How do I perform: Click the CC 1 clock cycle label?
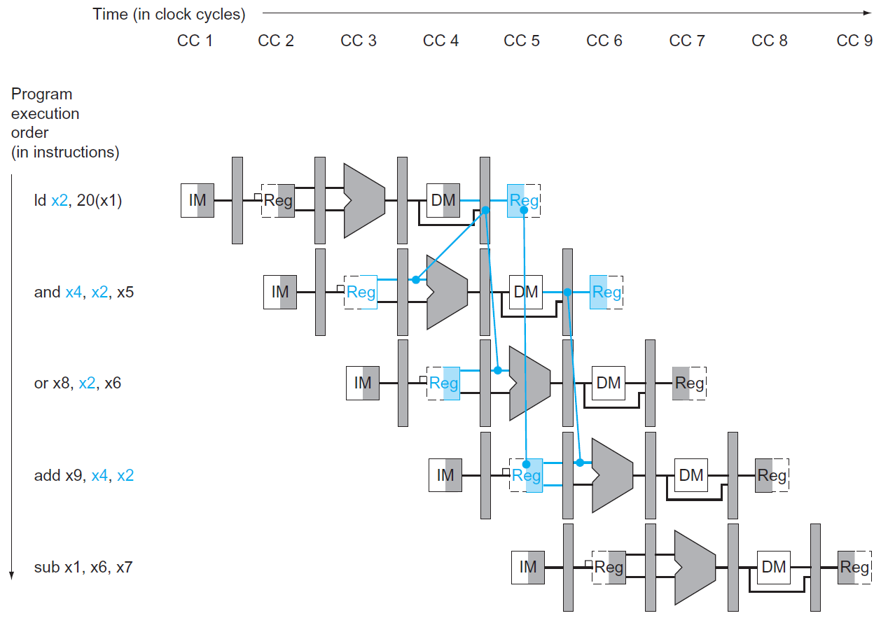(x=195, y=41)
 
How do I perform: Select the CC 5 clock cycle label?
(x=522, y=41)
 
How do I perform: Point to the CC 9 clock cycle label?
(x=854, y=41)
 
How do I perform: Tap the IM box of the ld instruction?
(x=197, y=201)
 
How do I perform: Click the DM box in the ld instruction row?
(x=443, y=201)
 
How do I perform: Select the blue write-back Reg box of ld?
(x=524, y=201)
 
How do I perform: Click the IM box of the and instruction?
(x=280, y=292)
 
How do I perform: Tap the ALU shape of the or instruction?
(x=529, y=383)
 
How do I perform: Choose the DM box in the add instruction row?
(x=691, y=475)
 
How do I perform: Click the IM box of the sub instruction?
(x=528, y=567)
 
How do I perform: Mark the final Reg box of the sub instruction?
(x=854, y=567)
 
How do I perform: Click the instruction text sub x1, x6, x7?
(x=83, y=567)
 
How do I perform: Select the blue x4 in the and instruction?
(x=74, y=292)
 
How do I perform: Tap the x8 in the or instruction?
(x=61, y=383)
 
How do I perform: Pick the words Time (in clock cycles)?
(x=169, y=15)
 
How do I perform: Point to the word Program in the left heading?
(x=42, y=94)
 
